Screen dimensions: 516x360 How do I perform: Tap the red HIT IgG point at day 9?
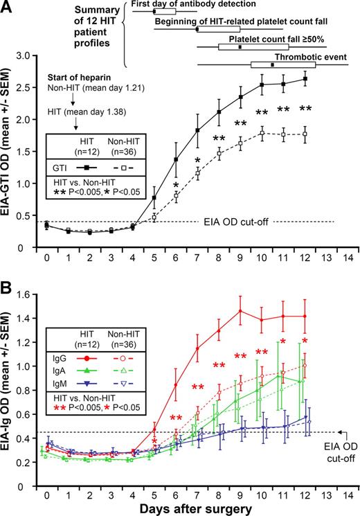(240, 311)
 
